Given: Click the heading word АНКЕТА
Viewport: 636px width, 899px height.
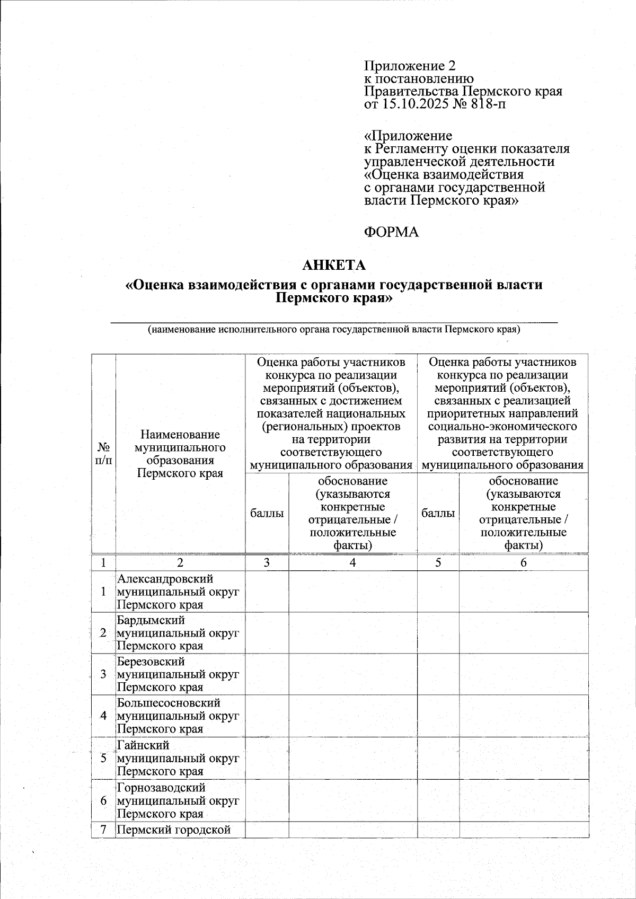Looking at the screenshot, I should point(333,265).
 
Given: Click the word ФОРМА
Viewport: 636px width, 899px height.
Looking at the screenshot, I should point(391,232).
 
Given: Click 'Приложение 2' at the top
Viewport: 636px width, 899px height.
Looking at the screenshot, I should point(409,66).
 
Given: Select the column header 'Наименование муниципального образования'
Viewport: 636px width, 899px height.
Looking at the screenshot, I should point(180,454).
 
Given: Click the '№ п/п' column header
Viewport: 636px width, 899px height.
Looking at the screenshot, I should point(104,454).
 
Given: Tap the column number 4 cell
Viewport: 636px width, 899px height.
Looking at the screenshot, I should point(352,563).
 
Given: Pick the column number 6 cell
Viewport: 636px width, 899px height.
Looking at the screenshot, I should point(524,563).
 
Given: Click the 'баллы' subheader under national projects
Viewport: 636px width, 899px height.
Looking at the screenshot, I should point(267,513).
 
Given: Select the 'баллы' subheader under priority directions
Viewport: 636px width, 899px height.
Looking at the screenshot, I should point(438,513).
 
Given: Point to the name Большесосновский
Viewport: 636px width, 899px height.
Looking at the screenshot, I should point(169,703).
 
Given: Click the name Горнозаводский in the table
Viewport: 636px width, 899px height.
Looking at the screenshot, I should point(161,788).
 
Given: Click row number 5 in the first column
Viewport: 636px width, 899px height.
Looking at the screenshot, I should point(104,758).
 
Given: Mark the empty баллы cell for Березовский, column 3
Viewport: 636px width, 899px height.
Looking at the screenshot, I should point(267,674).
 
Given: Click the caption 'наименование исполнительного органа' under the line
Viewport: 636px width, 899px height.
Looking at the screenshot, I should point(334,330).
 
